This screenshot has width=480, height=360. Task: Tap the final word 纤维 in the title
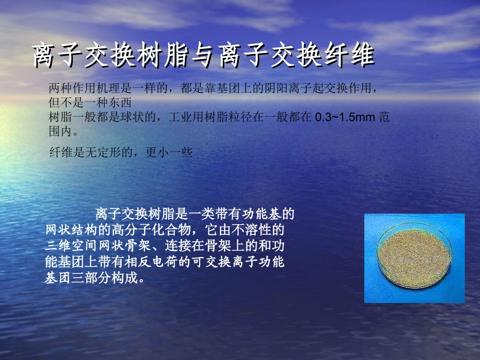click(x=357, y=56)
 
